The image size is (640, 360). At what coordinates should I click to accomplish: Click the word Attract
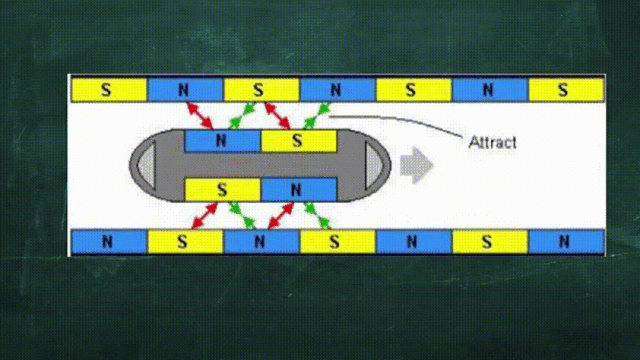(492, 142)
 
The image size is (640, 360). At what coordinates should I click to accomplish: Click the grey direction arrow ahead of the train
(416, 165)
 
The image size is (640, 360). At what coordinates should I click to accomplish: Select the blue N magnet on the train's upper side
(222, 141)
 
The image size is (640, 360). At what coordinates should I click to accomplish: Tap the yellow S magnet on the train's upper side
(299, 141)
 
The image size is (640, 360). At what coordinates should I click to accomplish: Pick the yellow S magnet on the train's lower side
(222, 189)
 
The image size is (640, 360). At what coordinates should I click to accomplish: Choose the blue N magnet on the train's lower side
(299, 189)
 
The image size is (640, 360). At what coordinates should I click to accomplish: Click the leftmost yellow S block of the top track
(109, 89)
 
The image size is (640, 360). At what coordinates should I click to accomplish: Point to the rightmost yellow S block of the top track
(566, 89)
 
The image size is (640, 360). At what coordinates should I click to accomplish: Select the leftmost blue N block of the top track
(185, 89)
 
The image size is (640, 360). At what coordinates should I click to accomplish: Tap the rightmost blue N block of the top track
(490, 89)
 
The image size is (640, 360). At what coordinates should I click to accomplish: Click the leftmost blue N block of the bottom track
(109, 242)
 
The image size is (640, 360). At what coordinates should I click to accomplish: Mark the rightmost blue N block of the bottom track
(566, 242)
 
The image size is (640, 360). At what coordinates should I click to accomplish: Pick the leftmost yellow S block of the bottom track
(185, 242)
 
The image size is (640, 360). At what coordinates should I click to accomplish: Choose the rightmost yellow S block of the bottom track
(490, 242)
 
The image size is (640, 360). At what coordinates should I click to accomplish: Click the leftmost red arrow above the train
(200, 116)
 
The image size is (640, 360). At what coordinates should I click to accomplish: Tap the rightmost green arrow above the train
(317, 116)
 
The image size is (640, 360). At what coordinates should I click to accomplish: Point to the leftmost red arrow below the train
(204, 216)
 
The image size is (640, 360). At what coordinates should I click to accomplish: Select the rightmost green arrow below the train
(318, 216)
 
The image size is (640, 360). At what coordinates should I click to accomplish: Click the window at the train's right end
(374, 165)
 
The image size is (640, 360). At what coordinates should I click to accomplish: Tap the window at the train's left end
(147, 165)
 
